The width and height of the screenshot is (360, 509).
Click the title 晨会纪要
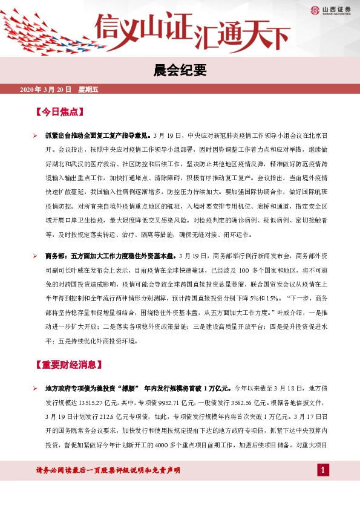[x=180, y=72]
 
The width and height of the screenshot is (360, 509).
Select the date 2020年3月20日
[x=45, y=89]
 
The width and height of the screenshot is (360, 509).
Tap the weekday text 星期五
[x=88, y=89]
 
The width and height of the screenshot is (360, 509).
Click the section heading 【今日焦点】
[x=59, y=112]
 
